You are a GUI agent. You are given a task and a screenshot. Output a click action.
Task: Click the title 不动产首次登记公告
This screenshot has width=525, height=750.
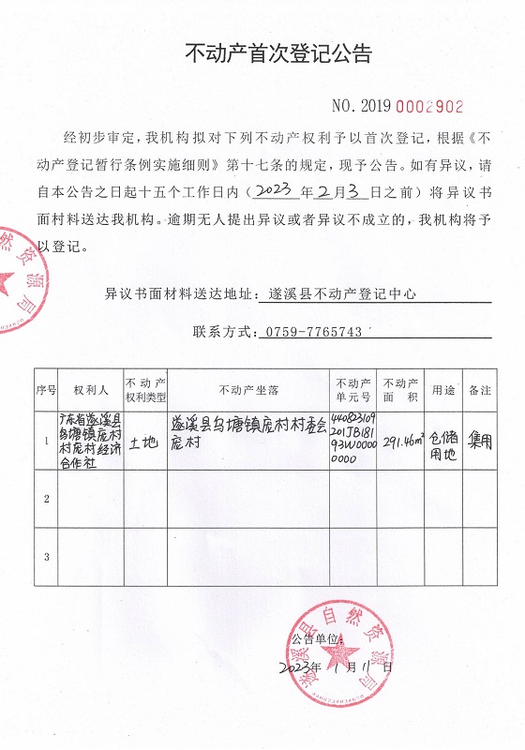(x=279, y=53)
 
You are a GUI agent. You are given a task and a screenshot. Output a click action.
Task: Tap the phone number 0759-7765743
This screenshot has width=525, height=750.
(x=314, y=332)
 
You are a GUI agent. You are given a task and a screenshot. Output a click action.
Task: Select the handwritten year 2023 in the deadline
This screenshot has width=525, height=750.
(x=271, y=192)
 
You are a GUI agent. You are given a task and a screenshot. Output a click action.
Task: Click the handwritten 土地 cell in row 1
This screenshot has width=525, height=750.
(x=145, y=442)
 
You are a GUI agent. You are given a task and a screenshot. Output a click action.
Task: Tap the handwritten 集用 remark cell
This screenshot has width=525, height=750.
(x=480, y=439)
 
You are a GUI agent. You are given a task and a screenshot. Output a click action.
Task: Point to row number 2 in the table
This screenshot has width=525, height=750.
(x=46, y=499)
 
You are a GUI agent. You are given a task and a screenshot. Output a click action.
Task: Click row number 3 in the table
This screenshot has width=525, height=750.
(x=46, y=557)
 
